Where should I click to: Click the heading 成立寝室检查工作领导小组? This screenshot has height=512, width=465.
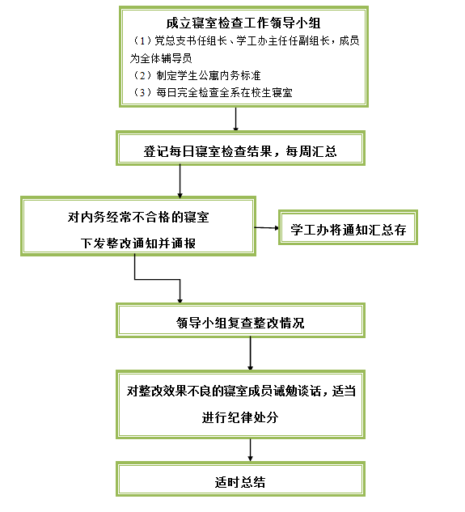pyautogui.click(x=243, y=23)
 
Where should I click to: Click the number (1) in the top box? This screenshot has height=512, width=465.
pyautogui.click(x=142, y=40)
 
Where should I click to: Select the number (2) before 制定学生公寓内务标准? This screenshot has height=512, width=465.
pyautogui.click(x=142, y=75)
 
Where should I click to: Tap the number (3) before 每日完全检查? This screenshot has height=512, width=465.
pyautogui.click(x=142, y=93)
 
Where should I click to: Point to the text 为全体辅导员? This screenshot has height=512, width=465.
pyautogui.click(x=161, y=58)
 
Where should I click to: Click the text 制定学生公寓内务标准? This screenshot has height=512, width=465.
pyautogui.click(x=209, y=75)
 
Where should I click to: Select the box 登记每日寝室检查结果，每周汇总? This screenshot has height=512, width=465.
pyautogui.click(x=240, y=148)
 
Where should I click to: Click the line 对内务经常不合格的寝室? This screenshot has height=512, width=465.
pyautogui.click(x=138, y=217)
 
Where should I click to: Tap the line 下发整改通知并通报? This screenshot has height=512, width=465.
pyautogui.click(x=138, y=243)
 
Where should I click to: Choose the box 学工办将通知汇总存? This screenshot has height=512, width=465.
pyautogui.click(x=348, y=227)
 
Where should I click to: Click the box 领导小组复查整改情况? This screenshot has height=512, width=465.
pyautogui.click(x=240, y=320)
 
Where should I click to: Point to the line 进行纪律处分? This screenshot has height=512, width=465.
pyautogui.click(x=240, y=417)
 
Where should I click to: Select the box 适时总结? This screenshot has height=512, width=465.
pyautogui.click(x=240, y=479)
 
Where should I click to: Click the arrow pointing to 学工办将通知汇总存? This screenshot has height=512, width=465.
pyautogui.click(x=266, y=227)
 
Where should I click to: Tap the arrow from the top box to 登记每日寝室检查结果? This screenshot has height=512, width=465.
pyautogui.click(x=236, y=119)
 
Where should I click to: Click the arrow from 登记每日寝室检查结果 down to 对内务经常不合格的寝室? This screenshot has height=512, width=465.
pyautogui.click(x=180, y=181)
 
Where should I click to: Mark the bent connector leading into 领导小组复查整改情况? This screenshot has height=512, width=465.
pyautogui.click(x=157, y=280)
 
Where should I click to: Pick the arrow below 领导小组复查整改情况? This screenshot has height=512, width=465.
pyautogui.click(x=251, y=353)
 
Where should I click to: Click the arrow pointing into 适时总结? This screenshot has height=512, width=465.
pyautogui.click(x=251, y=450)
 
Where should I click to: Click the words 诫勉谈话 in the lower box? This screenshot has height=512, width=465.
pyautogui.click(x=297, y=391)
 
